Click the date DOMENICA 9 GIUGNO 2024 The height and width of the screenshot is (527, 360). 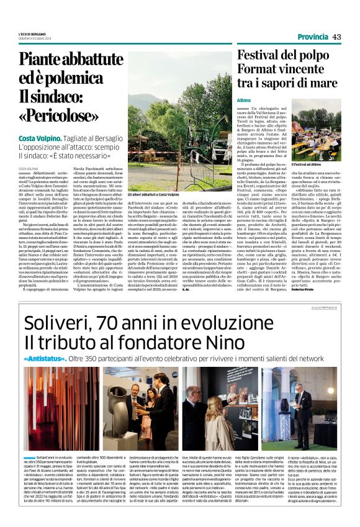[x=38, y=38]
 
